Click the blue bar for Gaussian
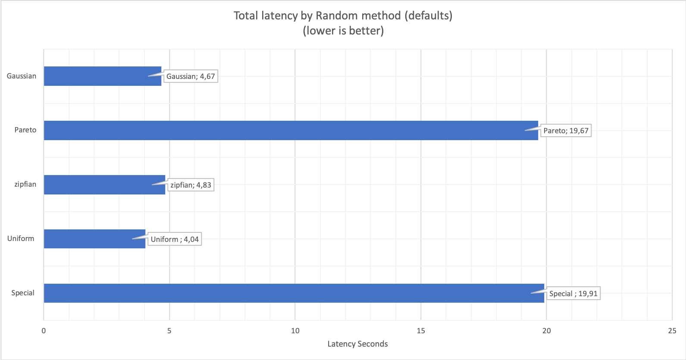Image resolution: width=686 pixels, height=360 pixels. pyautogui.click(x=103, y=76)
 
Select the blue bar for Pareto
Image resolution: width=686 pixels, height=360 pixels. pyautogui.click(x=291, y=130)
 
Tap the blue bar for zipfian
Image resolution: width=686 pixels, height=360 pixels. pyautogui.click(x=104, y=185)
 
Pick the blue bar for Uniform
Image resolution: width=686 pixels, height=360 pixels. pyautogui.click(x=94, y=239)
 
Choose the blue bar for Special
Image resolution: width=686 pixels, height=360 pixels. pyautogui.click(x=294, y=293)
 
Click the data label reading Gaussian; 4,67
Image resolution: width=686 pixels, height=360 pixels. pyautogui.click(x=191, y=76)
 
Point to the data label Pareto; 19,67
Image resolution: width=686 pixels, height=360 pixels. pyautogui.click(x=566, y=131)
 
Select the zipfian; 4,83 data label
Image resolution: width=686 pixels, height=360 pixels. pyautogui.click(x=191, y=185)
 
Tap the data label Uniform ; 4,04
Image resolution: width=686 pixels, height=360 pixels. pyautogui.click(x=175, y=239)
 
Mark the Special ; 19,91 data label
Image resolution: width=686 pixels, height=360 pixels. pyautogui.click(x=573, y=294)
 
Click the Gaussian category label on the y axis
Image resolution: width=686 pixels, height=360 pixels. pyautogui.click(x=22, y=76)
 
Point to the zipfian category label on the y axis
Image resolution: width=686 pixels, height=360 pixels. pyautogui.click(x=25, y=184)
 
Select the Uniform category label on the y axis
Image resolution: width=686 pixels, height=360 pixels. pyautogui.click(x=21, y=238)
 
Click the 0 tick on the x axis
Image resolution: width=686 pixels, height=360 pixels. pyautogui.click(x=44, y=331)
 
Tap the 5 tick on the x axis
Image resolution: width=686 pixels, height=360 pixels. pyautogui.click(x=169, y=331)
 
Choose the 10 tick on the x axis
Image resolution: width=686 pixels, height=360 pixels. pyautogui.click(x=295, y=331)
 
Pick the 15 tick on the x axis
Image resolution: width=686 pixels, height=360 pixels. pyautogui.click(x=421, y=331)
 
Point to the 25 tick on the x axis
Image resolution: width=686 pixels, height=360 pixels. pyautogui.click(x=672, y=331)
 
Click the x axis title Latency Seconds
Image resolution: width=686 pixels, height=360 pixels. pyautogui.click(x=357, y=344)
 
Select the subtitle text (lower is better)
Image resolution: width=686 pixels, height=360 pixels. pyautogui.click(x=343, y=31)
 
